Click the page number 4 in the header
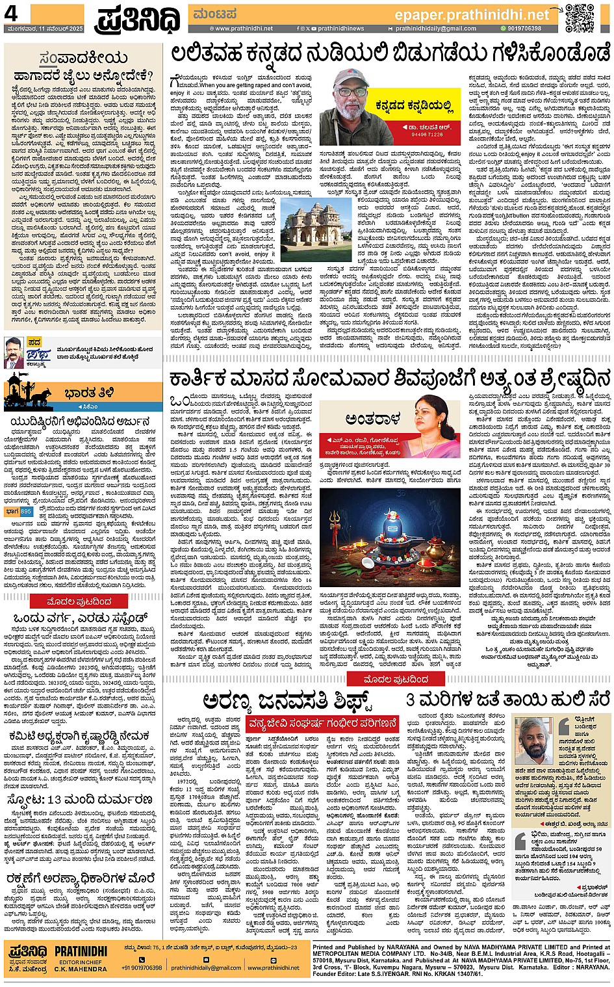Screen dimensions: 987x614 point(11,14)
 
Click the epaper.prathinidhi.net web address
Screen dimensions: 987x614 point(472,14)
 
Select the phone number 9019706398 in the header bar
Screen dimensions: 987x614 point(524,29)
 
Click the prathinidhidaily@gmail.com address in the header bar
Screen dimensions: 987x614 point(435,29)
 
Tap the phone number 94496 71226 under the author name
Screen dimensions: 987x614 point(427,135)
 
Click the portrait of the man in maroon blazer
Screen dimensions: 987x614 point(14,352)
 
